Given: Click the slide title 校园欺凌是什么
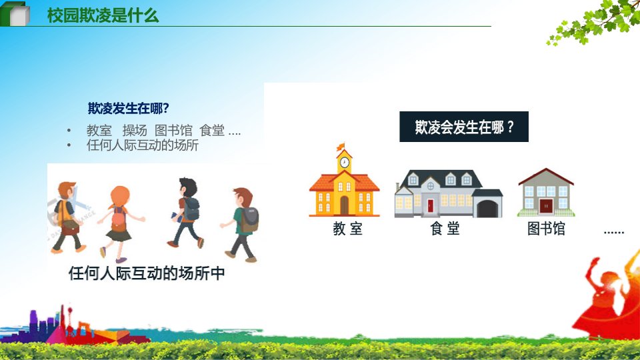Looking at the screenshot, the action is point(103,15).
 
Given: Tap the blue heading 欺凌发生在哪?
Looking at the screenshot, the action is point(128,108).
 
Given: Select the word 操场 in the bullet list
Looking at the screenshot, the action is point(135,131).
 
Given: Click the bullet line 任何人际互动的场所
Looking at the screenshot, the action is point(143,145).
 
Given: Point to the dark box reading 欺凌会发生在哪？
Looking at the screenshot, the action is point(464,127).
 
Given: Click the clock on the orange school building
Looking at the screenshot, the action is point(345,163).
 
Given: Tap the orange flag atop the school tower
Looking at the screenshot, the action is point(341,147).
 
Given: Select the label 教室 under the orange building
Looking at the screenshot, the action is point(347,229).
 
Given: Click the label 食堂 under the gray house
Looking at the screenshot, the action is point(445,229).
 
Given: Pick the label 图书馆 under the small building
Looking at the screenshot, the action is point(546,229).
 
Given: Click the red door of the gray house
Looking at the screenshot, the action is point(430,206).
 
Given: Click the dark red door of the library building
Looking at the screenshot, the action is point(546,206).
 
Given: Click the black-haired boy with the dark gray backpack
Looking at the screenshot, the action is point(186,212).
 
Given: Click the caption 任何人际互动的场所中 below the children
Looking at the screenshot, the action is point(147,273).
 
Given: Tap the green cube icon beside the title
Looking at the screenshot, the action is point(15,14).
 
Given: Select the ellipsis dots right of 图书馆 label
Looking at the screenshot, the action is point(614,232).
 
